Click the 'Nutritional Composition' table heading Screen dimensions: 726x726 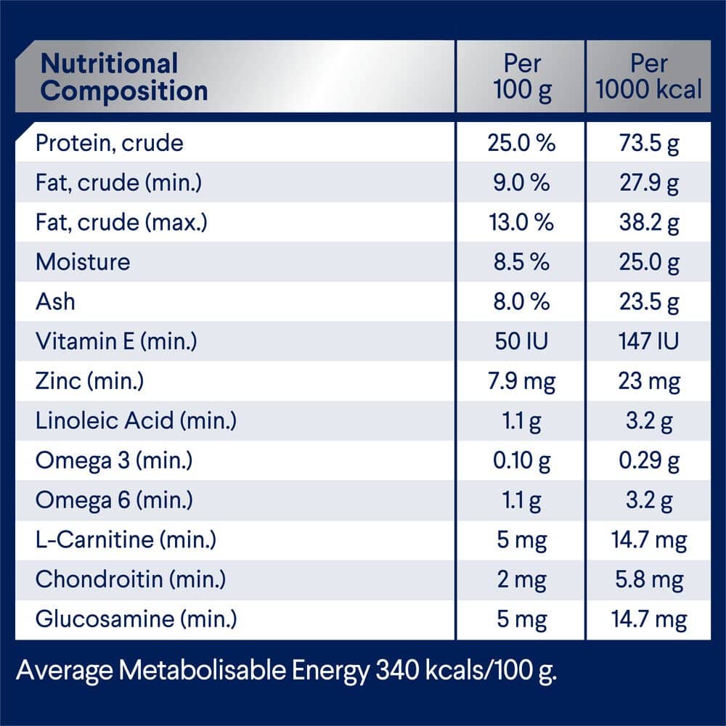click(x=124, y=77)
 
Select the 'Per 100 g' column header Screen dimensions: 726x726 click(x=521, y=77)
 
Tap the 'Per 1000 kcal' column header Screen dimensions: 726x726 click(x=648, y=77)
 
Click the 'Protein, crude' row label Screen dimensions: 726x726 click(x=110, y=143)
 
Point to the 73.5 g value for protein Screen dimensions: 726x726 click(x=648, y=143)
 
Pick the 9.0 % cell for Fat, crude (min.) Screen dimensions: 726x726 click(x=521, y=182)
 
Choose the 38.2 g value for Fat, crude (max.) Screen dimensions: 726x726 click(x=648, y=222)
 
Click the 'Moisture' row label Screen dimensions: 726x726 click(x=83, y=261)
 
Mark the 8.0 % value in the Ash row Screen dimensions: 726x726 click(x=521, y=301)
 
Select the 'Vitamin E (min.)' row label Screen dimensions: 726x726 click(x=116, y=340)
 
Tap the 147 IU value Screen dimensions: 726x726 click(x=648, y=340)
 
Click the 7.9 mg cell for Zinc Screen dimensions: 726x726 click(x=521, y=380)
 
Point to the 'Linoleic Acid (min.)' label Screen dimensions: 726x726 click(x=136, y=420)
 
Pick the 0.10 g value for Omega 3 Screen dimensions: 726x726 click(x=521, y=460)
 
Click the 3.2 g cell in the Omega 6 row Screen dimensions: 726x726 click(x=648, y=500)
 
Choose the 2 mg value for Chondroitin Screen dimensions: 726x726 click(x=521, y=579)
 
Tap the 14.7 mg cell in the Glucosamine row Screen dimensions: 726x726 click(x=648, y=619)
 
